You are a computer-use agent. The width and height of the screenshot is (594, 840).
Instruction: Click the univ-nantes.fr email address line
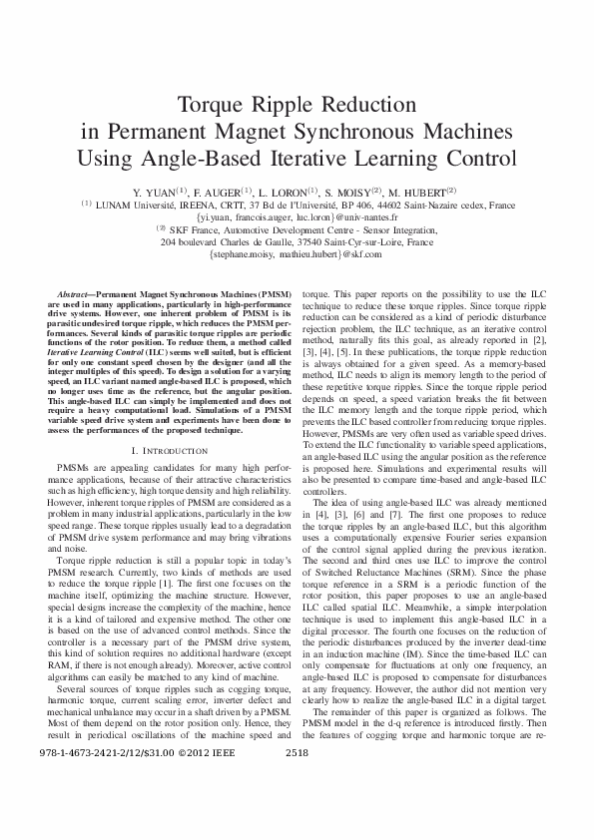point(297,215)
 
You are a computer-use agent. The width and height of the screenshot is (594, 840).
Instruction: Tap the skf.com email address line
point(297,254)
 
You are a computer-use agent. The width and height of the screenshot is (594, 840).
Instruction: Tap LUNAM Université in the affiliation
point(135,204)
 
